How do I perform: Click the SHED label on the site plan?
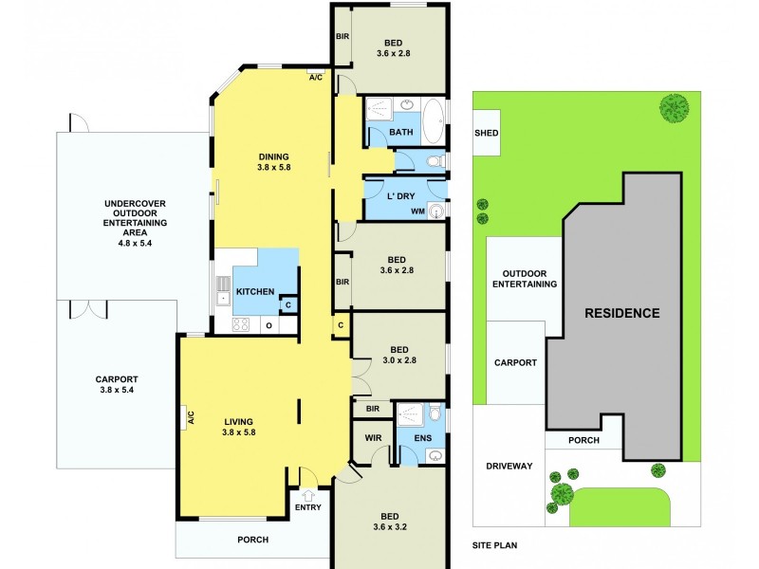coord(487,134)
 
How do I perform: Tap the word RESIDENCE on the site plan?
coord(621,312)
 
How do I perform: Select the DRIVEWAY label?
coord(509,466)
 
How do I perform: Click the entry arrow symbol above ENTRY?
coord(308,494)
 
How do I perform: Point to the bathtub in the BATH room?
coord(432,121)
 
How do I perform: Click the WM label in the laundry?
coord(417,211)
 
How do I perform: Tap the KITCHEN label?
coord(255,291)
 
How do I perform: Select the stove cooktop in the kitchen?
coord(240,324)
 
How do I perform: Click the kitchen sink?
coord(223,290)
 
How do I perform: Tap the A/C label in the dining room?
coord(316,79)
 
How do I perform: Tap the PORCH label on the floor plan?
coord(252,540)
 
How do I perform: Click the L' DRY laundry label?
coord(402,196)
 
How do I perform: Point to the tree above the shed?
coord(675,107)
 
